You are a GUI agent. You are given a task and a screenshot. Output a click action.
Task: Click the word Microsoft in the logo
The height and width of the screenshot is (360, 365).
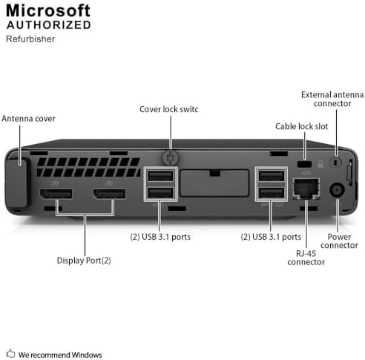point(48,10)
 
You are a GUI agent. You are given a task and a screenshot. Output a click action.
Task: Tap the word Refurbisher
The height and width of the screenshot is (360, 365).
point(30,39)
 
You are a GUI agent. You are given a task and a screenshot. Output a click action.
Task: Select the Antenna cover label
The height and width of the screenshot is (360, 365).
point(28,119)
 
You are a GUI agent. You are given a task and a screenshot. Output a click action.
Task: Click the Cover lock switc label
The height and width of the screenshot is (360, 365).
point(169,109)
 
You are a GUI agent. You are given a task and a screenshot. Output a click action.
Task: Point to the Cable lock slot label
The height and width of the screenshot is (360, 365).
point(302,126)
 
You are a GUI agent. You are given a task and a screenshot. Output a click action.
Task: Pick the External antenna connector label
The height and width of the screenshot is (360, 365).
point(332,99)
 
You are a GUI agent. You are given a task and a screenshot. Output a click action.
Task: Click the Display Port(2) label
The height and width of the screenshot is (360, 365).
point(84,261)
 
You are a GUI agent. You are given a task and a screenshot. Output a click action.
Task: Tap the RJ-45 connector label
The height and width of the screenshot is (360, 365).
point(306,258)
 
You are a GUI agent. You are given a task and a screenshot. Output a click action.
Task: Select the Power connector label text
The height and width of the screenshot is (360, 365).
point(339,241)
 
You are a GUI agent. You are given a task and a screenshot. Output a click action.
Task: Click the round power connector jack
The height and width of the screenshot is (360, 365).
point(337,190)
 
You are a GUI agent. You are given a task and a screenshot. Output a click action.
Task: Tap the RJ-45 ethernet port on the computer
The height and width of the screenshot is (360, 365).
point(306,189)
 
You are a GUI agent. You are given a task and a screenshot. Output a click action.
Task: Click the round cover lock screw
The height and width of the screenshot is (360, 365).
point(171,158)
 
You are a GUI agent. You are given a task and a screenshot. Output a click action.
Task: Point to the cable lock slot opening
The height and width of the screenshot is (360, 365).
point(304,164)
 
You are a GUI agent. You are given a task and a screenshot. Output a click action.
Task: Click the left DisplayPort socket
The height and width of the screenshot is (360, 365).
point(56,194)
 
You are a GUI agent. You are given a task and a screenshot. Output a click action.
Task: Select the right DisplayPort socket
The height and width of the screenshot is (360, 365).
point(109,194)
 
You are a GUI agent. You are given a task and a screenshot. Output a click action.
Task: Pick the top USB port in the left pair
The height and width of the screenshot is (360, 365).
point(160,176)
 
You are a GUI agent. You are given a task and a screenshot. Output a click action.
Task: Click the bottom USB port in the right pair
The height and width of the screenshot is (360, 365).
point(272,193)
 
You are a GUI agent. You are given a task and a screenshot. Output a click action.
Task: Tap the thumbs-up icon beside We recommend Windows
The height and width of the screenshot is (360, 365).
point(10,353)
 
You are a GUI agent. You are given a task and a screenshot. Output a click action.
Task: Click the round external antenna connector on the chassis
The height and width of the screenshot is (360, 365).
point(335,163)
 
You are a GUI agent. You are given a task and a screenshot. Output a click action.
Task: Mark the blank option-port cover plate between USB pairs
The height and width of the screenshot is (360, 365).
point(214,183)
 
